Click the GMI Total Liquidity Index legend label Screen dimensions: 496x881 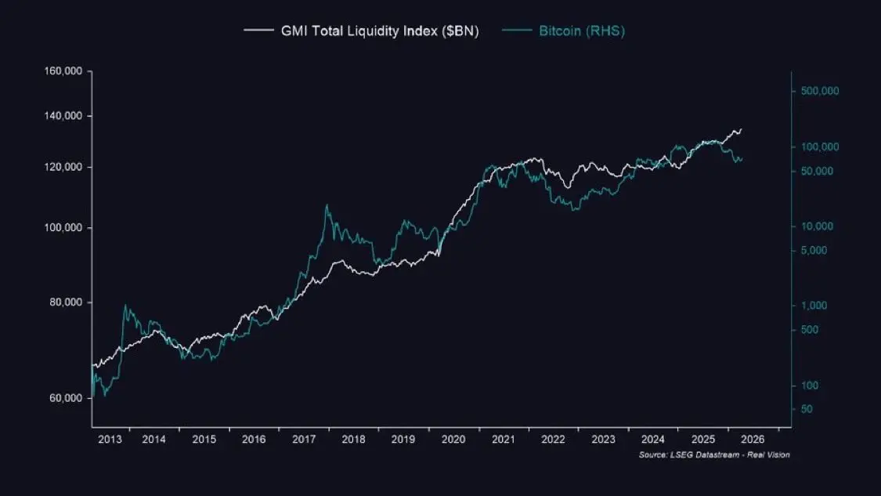click(x=380, y=31)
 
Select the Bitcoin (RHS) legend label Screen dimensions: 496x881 click(x=581, y=31)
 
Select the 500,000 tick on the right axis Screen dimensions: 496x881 click(x=820, y=91)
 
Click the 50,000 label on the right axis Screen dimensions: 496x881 click(x=817, y=172)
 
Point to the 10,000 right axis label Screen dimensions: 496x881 click(x=817, y=226)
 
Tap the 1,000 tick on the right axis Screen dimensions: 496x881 click(x=814, y=306)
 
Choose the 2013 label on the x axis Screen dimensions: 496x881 click(x=110, y=440)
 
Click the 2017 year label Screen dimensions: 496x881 click(x=303, y=440)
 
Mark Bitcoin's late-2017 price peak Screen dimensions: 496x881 click(x=327, y=205)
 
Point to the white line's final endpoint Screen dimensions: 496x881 click(x=742, y=129)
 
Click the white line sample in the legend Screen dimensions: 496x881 click(x=258, y=31)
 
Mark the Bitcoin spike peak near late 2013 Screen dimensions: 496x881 click(x=125, y=305)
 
